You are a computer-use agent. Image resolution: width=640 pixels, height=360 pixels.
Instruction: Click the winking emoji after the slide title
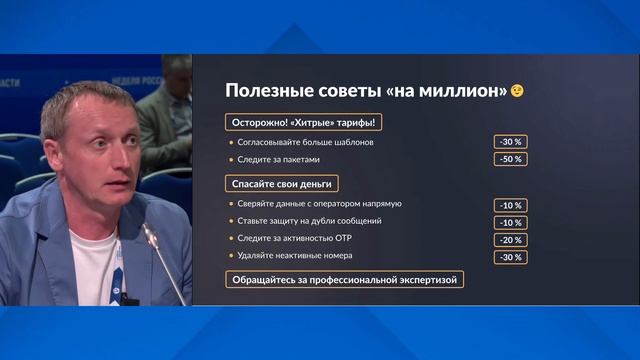point(517,91)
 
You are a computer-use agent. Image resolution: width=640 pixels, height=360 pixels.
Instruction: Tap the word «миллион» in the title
point(464,91)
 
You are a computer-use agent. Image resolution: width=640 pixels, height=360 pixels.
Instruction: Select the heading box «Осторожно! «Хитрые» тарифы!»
point(304,122)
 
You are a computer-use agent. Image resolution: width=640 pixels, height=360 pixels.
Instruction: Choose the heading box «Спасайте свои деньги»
point(281,184)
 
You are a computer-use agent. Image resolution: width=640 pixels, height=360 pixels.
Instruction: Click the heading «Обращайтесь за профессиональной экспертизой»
point(345,280)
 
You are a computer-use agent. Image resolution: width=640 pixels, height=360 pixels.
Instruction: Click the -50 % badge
point(509,159)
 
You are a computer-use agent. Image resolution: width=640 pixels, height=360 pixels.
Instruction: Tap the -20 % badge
point(509,240)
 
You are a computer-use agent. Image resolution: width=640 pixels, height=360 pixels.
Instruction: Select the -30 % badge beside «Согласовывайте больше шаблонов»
point(509,142)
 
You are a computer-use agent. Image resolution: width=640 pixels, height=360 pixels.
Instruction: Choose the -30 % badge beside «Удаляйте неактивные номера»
point(509,258)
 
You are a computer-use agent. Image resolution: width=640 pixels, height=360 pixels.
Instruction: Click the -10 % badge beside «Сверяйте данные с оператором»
point(509,205)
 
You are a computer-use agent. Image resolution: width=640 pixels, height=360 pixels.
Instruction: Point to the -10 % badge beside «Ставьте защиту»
point(509,222)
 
